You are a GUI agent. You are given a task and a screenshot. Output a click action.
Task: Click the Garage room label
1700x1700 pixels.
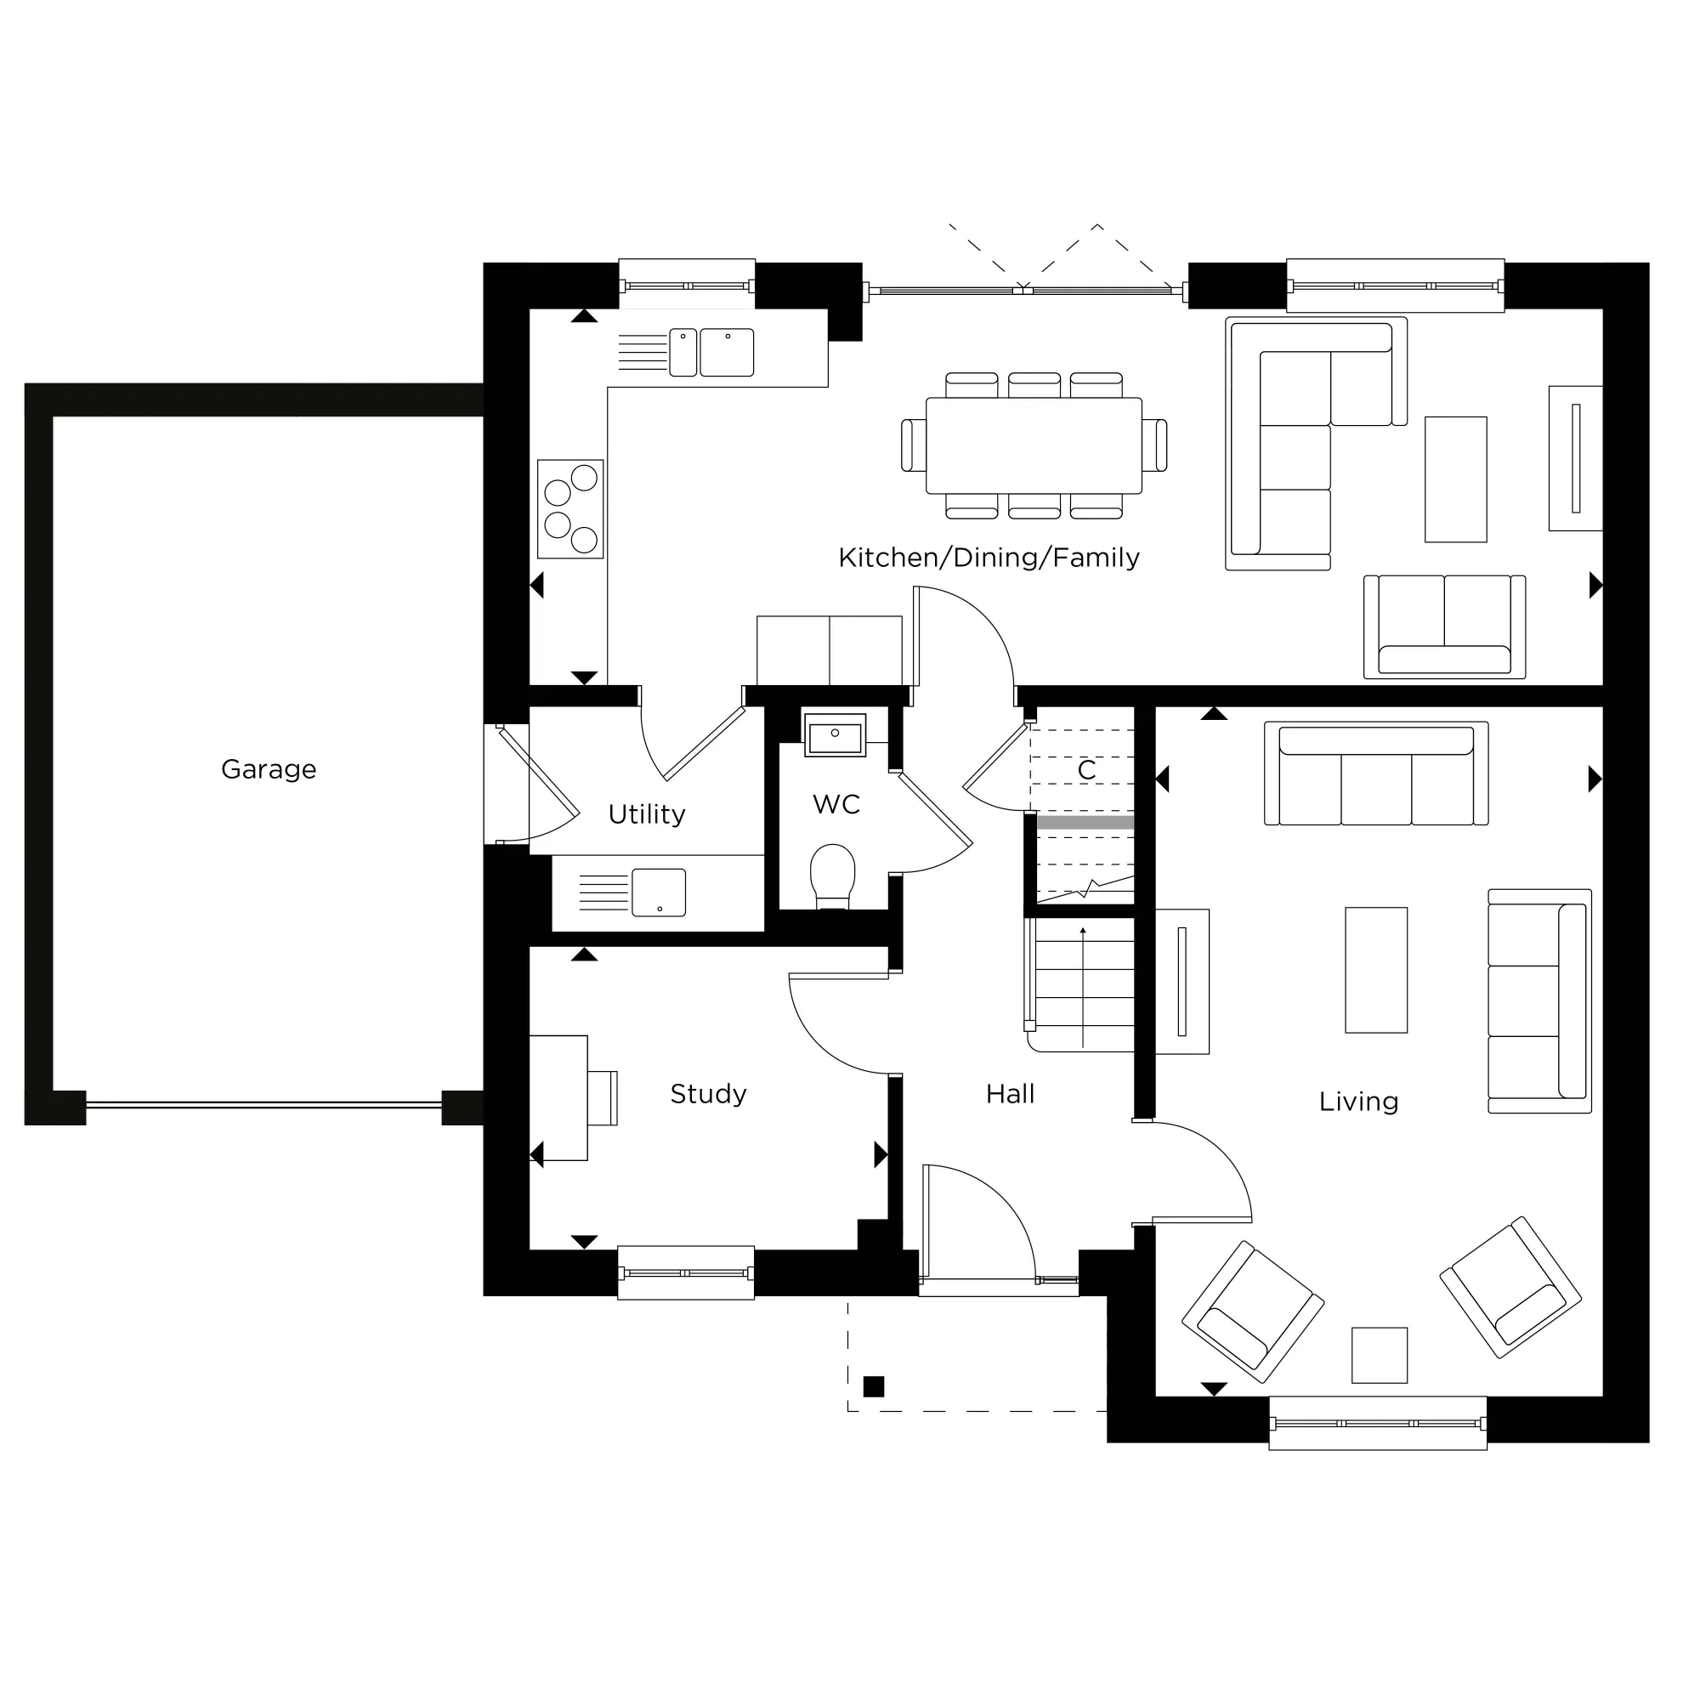[x=269, y=770]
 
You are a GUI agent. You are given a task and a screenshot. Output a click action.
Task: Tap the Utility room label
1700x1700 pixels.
[x=647, y=815]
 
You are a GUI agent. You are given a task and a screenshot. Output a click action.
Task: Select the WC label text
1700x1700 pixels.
[x=836, y=805]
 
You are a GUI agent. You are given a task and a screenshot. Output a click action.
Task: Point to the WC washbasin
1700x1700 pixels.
[x=835, y=735]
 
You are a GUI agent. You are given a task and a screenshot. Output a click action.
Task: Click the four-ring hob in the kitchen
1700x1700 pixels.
[x=570, y=509]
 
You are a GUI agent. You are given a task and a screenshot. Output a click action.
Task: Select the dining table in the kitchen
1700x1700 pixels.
[x=1034, y=445]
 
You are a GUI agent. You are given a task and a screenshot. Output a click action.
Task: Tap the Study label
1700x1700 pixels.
[x=708, y=1094]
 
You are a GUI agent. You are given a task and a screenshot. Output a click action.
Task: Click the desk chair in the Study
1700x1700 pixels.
[x=603, y=1097]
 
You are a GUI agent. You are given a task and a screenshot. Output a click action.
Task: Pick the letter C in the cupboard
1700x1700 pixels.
[x=1086, y=771]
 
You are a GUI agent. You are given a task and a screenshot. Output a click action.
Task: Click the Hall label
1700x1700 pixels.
[x=1010, y=1095]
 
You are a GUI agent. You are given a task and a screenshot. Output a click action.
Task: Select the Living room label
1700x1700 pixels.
[x=1358, y=1102]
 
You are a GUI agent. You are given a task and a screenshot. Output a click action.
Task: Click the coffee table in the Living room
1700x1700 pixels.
[x=1376, y=970]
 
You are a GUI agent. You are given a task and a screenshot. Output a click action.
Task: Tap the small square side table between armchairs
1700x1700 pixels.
[x=1379, y=1355]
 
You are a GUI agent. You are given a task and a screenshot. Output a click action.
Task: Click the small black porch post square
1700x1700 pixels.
[x=874, y=1386]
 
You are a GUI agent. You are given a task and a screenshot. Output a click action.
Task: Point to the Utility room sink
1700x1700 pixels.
[x=658, y=892]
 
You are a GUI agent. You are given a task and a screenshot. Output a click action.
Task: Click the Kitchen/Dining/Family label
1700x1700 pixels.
[x=989, y=558]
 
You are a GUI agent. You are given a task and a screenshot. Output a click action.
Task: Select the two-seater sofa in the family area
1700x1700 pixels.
[x=1444, y=626]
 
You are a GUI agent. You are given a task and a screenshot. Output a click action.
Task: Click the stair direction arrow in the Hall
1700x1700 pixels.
[x=1083, y=985]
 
